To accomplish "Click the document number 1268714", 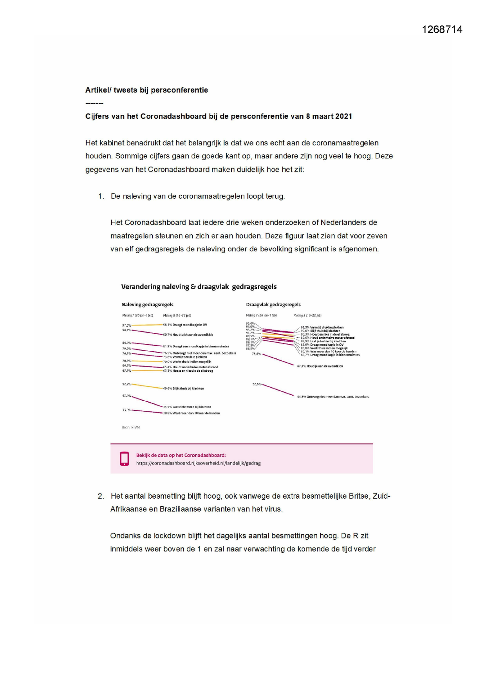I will [x=442, y=30].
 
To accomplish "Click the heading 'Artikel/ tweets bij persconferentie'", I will [x=146, y=90].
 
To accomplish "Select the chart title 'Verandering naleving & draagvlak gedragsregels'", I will [x=199, y=287].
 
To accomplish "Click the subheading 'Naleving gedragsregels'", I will [x=147, y=305].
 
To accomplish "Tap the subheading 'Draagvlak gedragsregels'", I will [x=273, y=305].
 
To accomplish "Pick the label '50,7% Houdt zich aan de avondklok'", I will [x=188, y=335].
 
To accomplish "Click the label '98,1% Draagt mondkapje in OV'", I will [x=185, y=325].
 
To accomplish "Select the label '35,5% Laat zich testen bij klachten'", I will [x=187, y=407].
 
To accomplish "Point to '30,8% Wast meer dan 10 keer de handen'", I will [x=191, y=413].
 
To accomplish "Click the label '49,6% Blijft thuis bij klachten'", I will [x=183, y=389].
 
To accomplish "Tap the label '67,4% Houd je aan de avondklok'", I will [x=320, y=366].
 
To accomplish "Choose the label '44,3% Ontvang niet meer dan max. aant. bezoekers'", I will [x=333, y=397].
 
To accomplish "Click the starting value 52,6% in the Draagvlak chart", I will [x=257, y=384].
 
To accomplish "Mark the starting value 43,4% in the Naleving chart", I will [x=126, y=396].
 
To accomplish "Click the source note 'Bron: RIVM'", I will [x=130, y=427].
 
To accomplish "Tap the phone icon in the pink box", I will [x=125, y=459].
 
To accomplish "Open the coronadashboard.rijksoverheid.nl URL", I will [x=198, y=463].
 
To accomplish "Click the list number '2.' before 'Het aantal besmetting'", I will [x=101, y=496].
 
